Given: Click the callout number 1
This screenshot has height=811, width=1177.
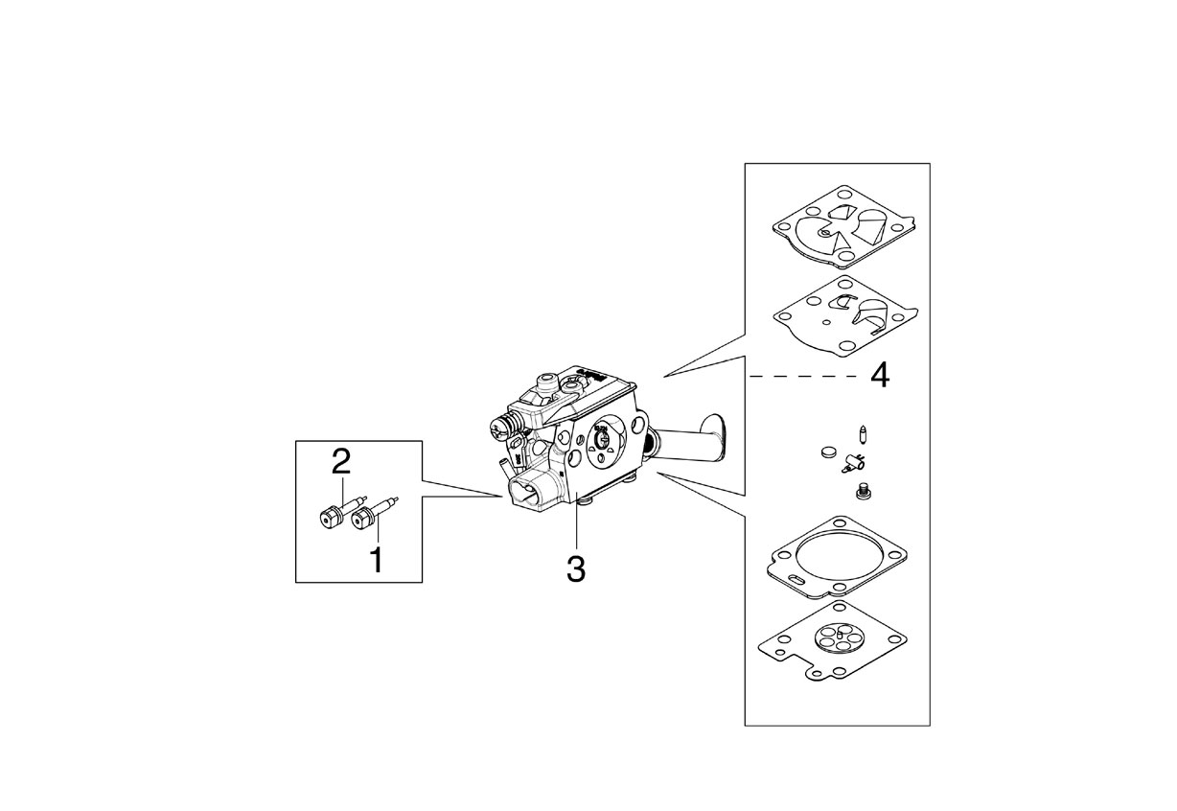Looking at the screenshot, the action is pyautogui.click(x=377, y=560).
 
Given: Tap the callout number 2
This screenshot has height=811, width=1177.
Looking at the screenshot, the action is pyautogui.click(x=341, y=461).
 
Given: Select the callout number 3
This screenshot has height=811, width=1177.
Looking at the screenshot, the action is pyautogui.click(x=576, y=568).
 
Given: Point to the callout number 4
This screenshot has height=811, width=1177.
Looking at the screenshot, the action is pyautogui.click(x=880, y=377).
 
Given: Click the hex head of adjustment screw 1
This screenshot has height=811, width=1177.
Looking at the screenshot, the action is pyautogui.click(x=361, y=521).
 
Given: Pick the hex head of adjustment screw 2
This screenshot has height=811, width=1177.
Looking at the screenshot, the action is pyautogui.click(x=329, y=518).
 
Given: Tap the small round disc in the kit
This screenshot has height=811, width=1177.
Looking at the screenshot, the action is pyautogui.click(x=828, y=452).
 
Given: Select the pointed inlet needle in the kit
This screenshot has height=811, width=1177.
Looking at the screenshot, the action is pyautogui.click(x=863, y=433).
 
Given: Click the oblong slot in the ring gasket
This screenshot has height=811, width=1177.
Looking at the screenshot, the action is pyautogui.click(x=797, y=579).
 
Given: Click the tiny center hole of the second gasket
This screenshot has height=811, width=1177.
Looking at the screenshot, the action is pyautogui.click(x=827, y=322).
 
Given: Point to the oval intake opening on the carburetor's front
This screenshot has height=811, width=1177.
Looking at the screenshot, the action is pyautogui.click(x=525, y=493).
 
